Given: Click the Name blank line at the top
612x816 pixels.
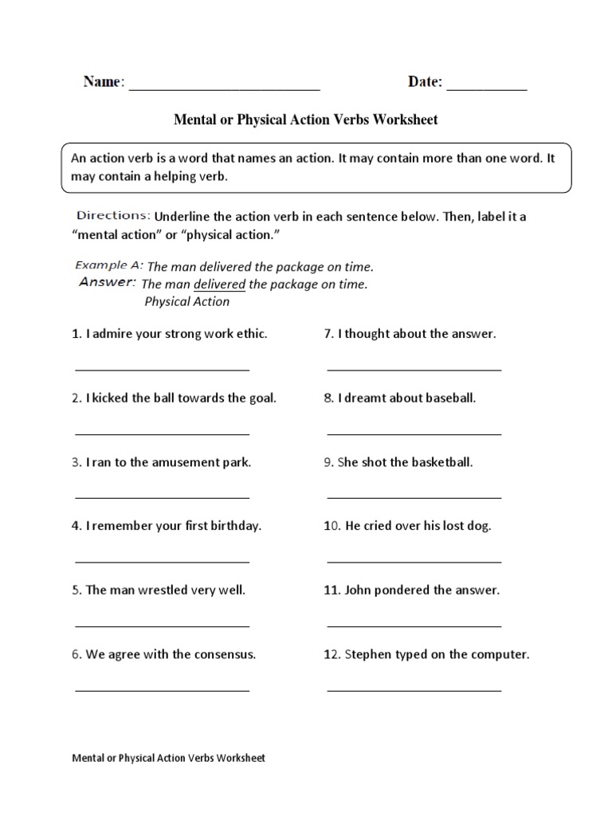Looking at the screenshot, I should tap(224, 90).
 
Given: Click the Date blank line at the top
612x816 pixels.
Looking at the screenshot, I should tap(487, 90).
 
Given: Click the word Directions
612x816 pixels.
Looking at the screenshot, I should tap(113, 215).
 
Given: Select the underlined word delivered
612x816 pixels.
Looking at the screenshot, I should tap(219, 284).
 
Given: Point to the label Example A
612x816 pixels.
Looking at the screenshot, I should tap(109, 265).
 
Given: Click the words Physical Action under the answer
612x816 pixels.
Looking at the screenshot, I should tap(186, 302).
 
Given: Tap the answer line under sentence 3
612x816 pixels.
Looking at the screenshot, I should tap(163, 496).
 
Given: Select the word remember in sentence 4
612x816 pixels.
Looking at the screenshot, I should tap(127, 526).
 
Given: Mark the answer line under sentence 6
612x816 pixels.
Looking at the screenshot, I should tap(163, 689).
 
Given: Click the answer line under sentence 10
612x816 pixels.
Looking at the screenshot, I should tap(414, 561).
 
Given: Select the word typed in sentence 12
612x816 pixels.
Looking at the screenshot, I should tap(411, 655).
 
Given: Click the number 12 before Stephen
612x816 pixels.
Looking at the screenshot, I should tap(331, 655).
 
